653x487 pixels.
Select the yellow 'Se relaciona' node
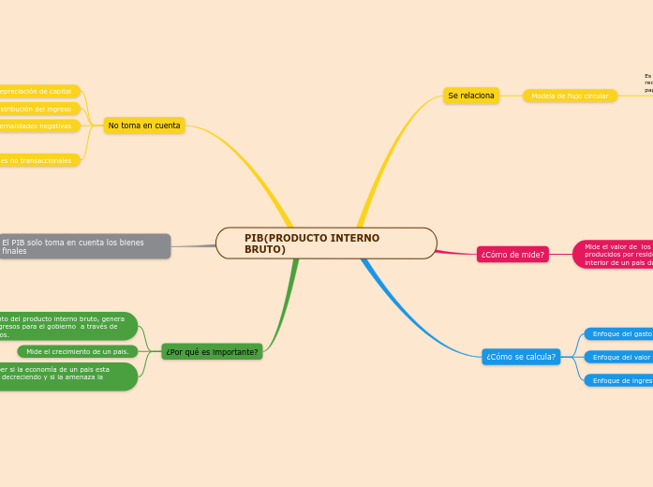tap(470, 96)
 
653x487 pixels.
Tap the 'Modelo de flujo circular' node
tap(570, 96)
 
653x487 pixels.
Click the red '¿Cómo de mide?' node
tap(512, 255)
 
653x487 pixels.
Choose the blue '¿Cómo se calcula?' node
tap(521, 357)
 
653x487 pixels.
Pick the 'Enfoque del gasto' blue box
tap(619, 334)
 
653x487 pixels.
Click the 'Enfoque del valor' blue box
tap(619, 357)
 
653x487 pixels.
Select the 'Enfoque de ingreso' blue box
tap(619, 380)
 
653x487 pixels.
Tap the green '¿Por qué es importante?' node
tap(212, 352)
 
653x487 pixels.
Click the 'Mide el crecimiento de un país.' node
tap(78, 351)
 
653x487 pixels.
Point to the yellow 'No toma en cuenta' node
tap(144, 125)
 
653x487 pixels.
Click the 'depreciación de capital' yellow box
tap(37, 91)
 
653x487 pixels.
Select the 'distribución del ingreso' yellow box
tap(37, 109)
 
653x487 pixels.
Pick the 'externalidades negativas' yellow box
tap(37, 125)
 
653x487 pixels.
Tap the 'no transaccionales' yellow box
tap(37, 160)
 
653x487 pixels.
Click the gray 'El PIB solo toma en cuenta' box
tap(84, 246)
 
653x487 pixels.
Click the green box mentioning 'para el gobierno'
tap(66, 326)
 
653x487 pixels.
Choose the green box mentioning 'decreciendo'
tap(66, 376)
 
